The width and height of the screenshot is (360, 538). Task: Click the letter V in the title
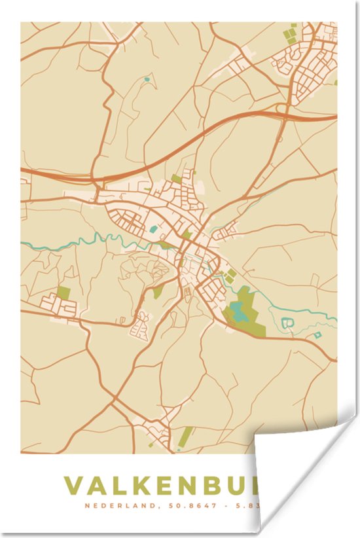(x=74, y=487)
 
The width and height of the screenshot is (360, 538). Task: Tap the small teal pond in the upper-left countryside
(x=146, y=80)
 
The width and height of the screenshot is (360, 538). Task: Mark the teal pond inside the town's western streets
(x=154, y=229)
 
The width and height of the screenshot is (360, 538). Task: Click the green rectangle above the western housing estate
(x=63, y=292)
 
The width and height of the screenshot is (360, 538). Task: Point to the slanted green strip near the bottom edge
(x=187, y=435)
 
